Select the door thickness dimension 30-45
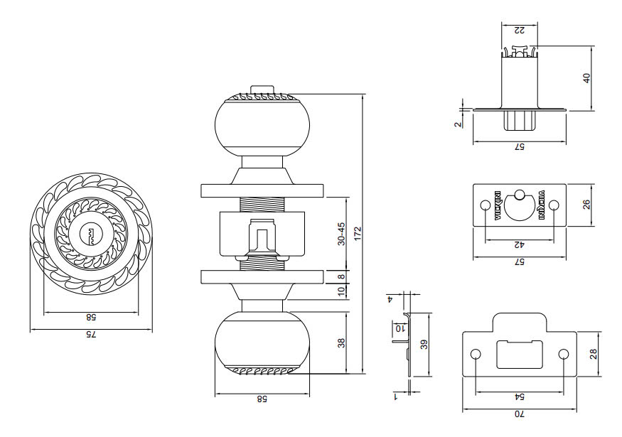click(341, 234)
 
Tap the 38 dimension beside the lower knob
click(341, 342)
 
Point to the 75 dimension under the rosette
click(90, 335)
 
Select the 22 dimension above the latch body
click(519, 29)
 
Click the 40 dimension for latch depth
click(587, 77)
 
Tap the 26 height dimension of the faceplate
click(587, 205)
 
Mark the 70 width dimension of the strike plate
click(519, 414)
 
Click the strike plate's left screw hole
click(476, 354)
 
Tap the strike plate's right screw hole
click(564, 354)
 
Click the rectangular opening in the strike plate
click(519, 353)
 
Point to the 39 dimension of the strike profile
click(424, 345)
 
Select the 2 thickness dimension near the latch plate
click(459, 122)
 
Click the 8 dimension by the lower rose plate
click(341, 276)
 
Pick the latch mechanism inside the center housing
click(262, 238)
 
